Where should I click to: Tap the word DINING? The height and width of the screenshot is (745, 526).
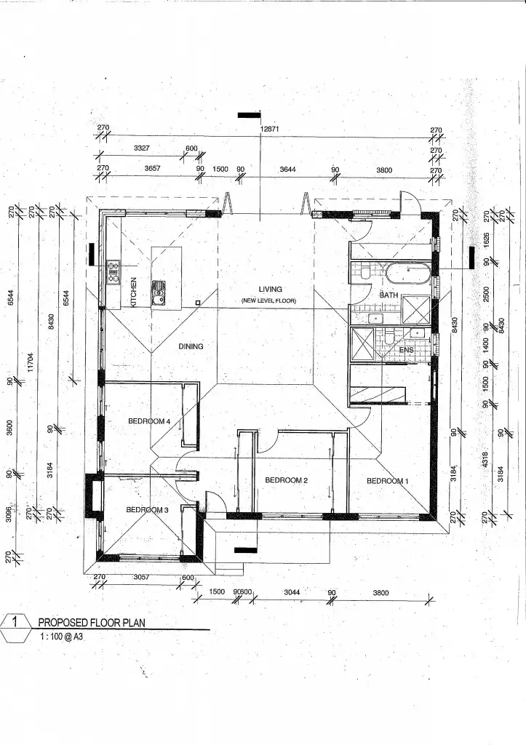click(x=191, y=346)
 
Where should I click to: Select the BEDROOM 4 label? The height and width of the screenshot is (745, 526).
click(x=149, y=421)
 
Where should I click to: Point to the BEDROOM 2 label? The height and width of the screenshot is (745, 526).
click(x=287, y=480)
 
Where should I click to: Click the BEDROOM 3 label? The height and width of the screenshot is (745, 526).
click(x=147, y=510)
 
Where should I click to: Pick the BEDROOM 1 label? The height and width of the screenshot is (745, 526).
click(x=388, y=481)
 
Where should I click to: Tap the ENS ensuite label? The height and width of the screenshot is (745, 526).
click(x=407, y=350)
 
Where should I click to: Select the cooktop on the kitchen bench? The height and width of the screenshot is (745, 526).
click(x=113, y=272)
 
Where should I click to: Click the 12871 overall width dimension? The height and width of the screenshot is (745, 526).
click(x=271, y=130)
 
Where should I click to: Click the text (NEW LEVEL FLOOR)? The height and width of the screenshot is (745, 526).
click(x=269, y=301)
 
